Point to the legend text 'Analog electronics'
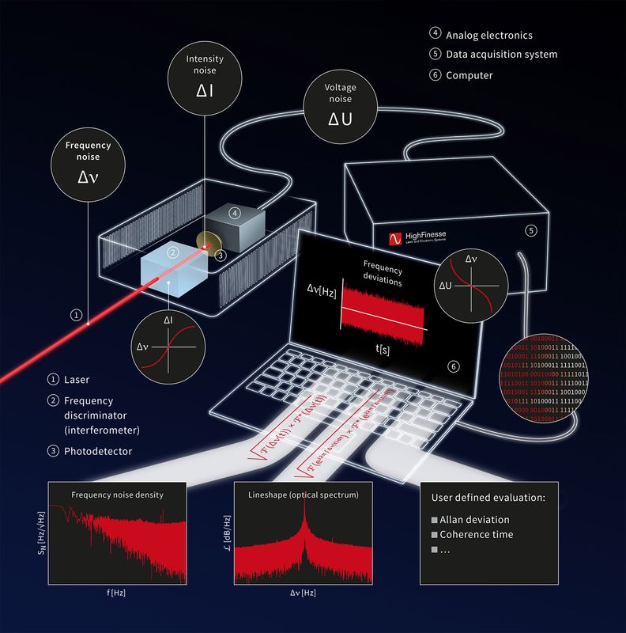point(488,35)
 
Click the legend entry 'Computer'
point(469,75)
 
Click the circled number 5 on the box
point(531,230)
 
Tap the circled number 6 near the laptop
point(453,366)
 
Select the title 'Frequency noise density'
point(117,495)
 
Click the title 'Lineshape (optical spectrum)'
point(304,495)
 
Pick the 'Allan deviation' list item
point(475,520)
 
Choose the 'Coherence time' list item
point(477,534)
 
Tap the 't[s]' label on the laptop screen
point(381,348)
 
